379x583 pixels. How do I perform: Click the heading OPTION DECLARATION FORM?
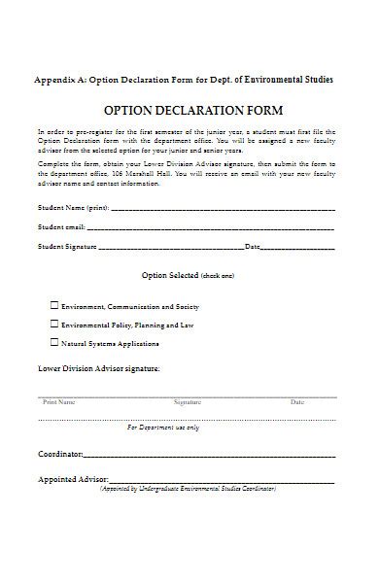click(x=189, y=111)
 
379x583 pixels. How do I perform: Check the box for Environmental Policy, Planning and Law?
click(x=53, y=324)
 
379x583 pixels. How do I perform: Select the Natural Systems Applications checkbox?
click(x=53, y=343)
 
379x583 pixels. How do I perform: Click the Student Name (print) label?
click(x=73, y=208)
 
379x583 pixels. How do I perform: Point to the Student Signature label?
click(x=67, y=247)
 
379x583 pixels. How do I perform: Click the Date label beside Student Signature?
click(x=253, y=247)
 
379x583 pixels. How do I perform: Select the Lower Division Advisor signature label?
click(x=98, y=370)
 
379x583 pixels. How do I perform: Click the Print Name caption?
click(x=59, y=401)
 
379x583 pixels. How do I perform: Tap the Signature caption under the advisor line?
click(x=188, y=401)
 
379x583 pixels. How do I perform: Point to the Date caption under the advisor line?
click(x=296, y=401)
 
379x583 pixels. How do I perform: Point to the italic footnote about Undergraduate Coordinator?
click(x=188, y=489)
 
